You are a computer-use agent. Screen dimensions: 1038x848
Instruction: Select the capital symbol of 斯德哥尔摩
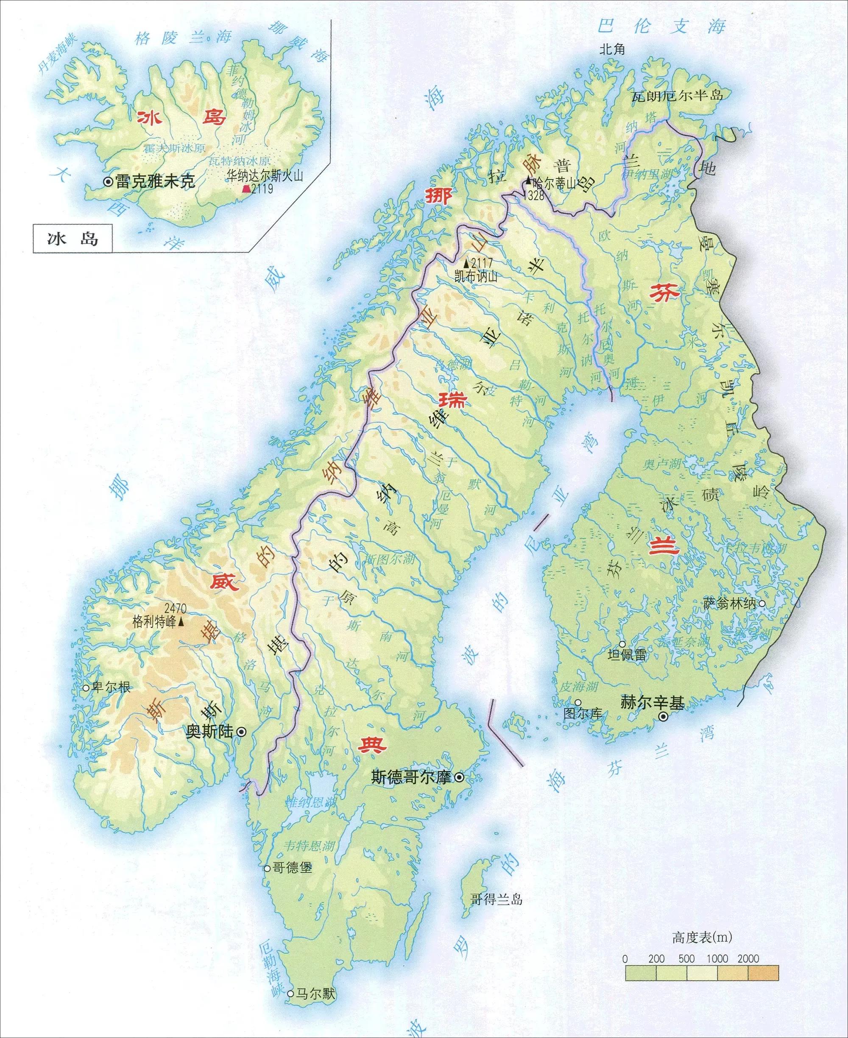(459, 778)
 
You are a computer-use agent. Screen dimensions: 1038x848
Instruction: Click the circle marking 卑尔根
(86, 687)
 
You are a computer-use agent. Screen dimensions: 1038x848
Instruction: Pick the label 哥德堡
(292, 868)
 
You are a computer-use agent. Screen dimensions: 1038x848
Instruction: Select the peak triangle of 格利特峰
(181, 623)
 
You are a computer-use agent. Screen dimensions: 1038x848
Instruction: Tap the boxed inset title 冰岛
(73, 239)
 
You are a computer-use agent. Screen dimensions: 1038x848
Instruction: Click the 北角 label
(613, 49)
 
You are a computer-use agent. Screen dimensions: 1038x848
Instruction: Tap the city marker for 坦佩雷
(622, 645)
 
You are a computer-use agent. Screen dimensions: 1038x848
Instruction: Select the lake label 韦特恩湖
(309, 845)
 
